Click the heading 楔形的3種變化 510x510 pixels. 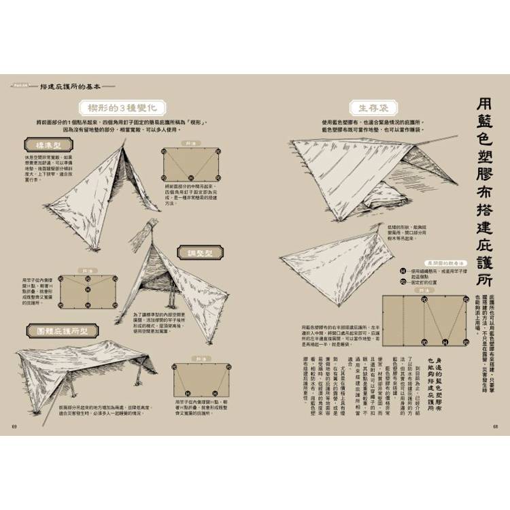122,107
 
